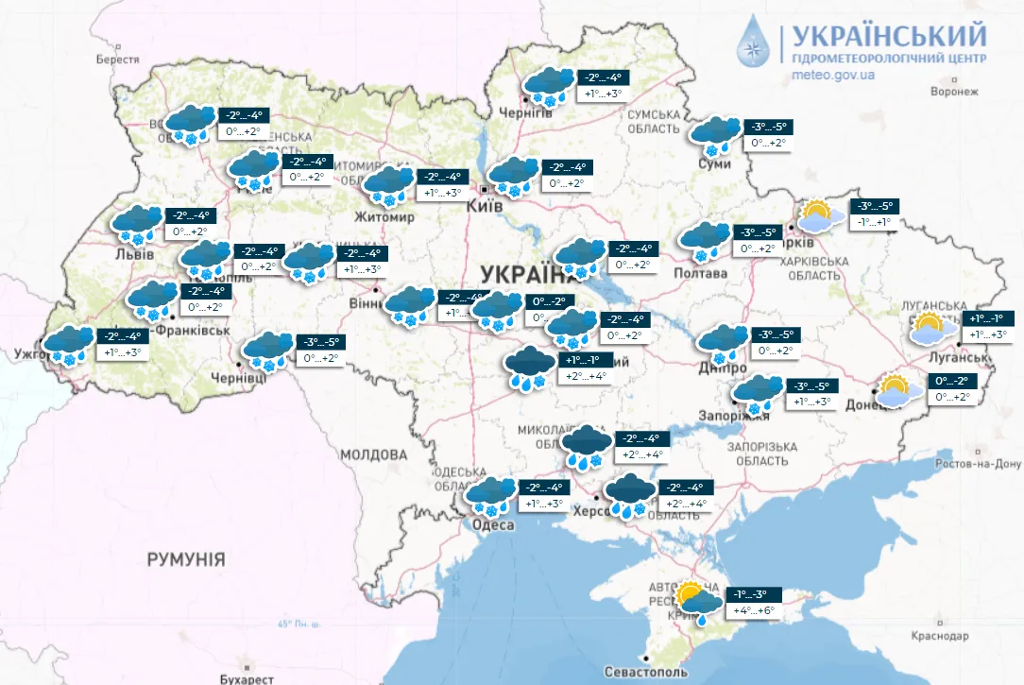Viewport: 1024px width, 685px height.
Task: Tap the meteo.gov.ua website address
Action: pyautogui.click(x=833, y=75)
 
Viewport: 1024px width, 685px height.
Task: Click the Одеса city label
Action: pyautogui.click(x=492, y=525)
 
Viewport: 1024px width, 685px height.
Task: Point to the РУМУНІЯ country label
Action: pyautogui.click(x=186, y=559)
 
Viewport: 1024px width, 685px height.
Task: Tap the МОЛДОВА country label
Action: pyautogui.click(x=372, y=455)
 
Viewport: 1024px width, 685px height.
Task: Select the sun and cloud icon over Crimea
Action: pyautogui.click(x=693, y=601)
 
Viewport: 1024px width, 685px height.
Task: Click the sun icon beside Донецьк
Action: pyautogui.click(x=894, y=390)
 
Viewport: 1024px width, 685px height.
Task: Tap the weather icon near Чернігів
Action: pyautogui.click(x=549, y=85)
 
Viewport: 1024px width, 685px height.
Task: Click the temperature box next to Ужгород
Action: pyautogui.click(x=123, y=345)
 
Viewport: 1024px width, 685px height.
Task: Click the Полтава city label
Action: pyautogui.click(x=700, y=273)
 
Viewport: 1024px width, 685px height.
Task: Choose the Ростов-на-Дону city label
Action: pyautogui.click(x=978, y=464)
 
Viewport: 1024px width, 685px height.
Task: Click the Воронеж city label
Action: pyautogui.click(x=954, y=92)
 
